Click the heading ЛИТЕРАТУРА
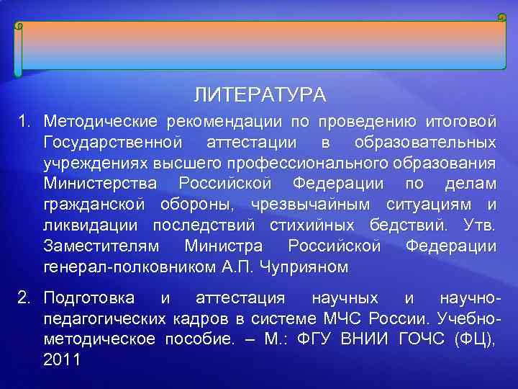click(x=260, y=95)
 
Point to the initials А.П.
click(x=235, y=268)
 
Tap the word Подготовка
click(x=93, y=298)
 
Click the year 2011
click(x=63, y=360)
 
